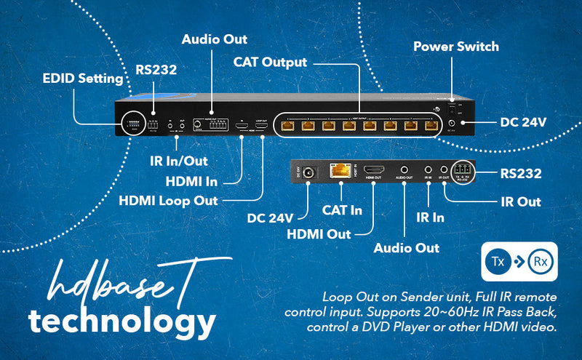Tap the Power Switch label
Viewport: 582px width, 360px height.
point(456,47)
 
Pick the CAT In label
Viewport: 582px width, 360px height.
point(343,210)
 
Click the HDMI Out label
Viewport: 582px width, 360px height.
point(319,233)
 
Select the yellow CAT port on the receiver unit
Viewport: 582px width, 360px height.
point(340,172)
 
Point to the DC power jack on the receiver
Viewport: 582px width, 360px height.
point(309,173)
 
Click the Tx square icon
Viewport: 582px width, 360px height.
point(497,259)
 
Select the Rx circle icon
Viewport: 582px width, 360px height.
point(539,260)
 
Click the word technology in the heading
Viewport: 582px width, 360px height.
point(121,320)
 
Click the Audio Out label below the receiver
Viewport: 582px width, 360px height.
point(407,248)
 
